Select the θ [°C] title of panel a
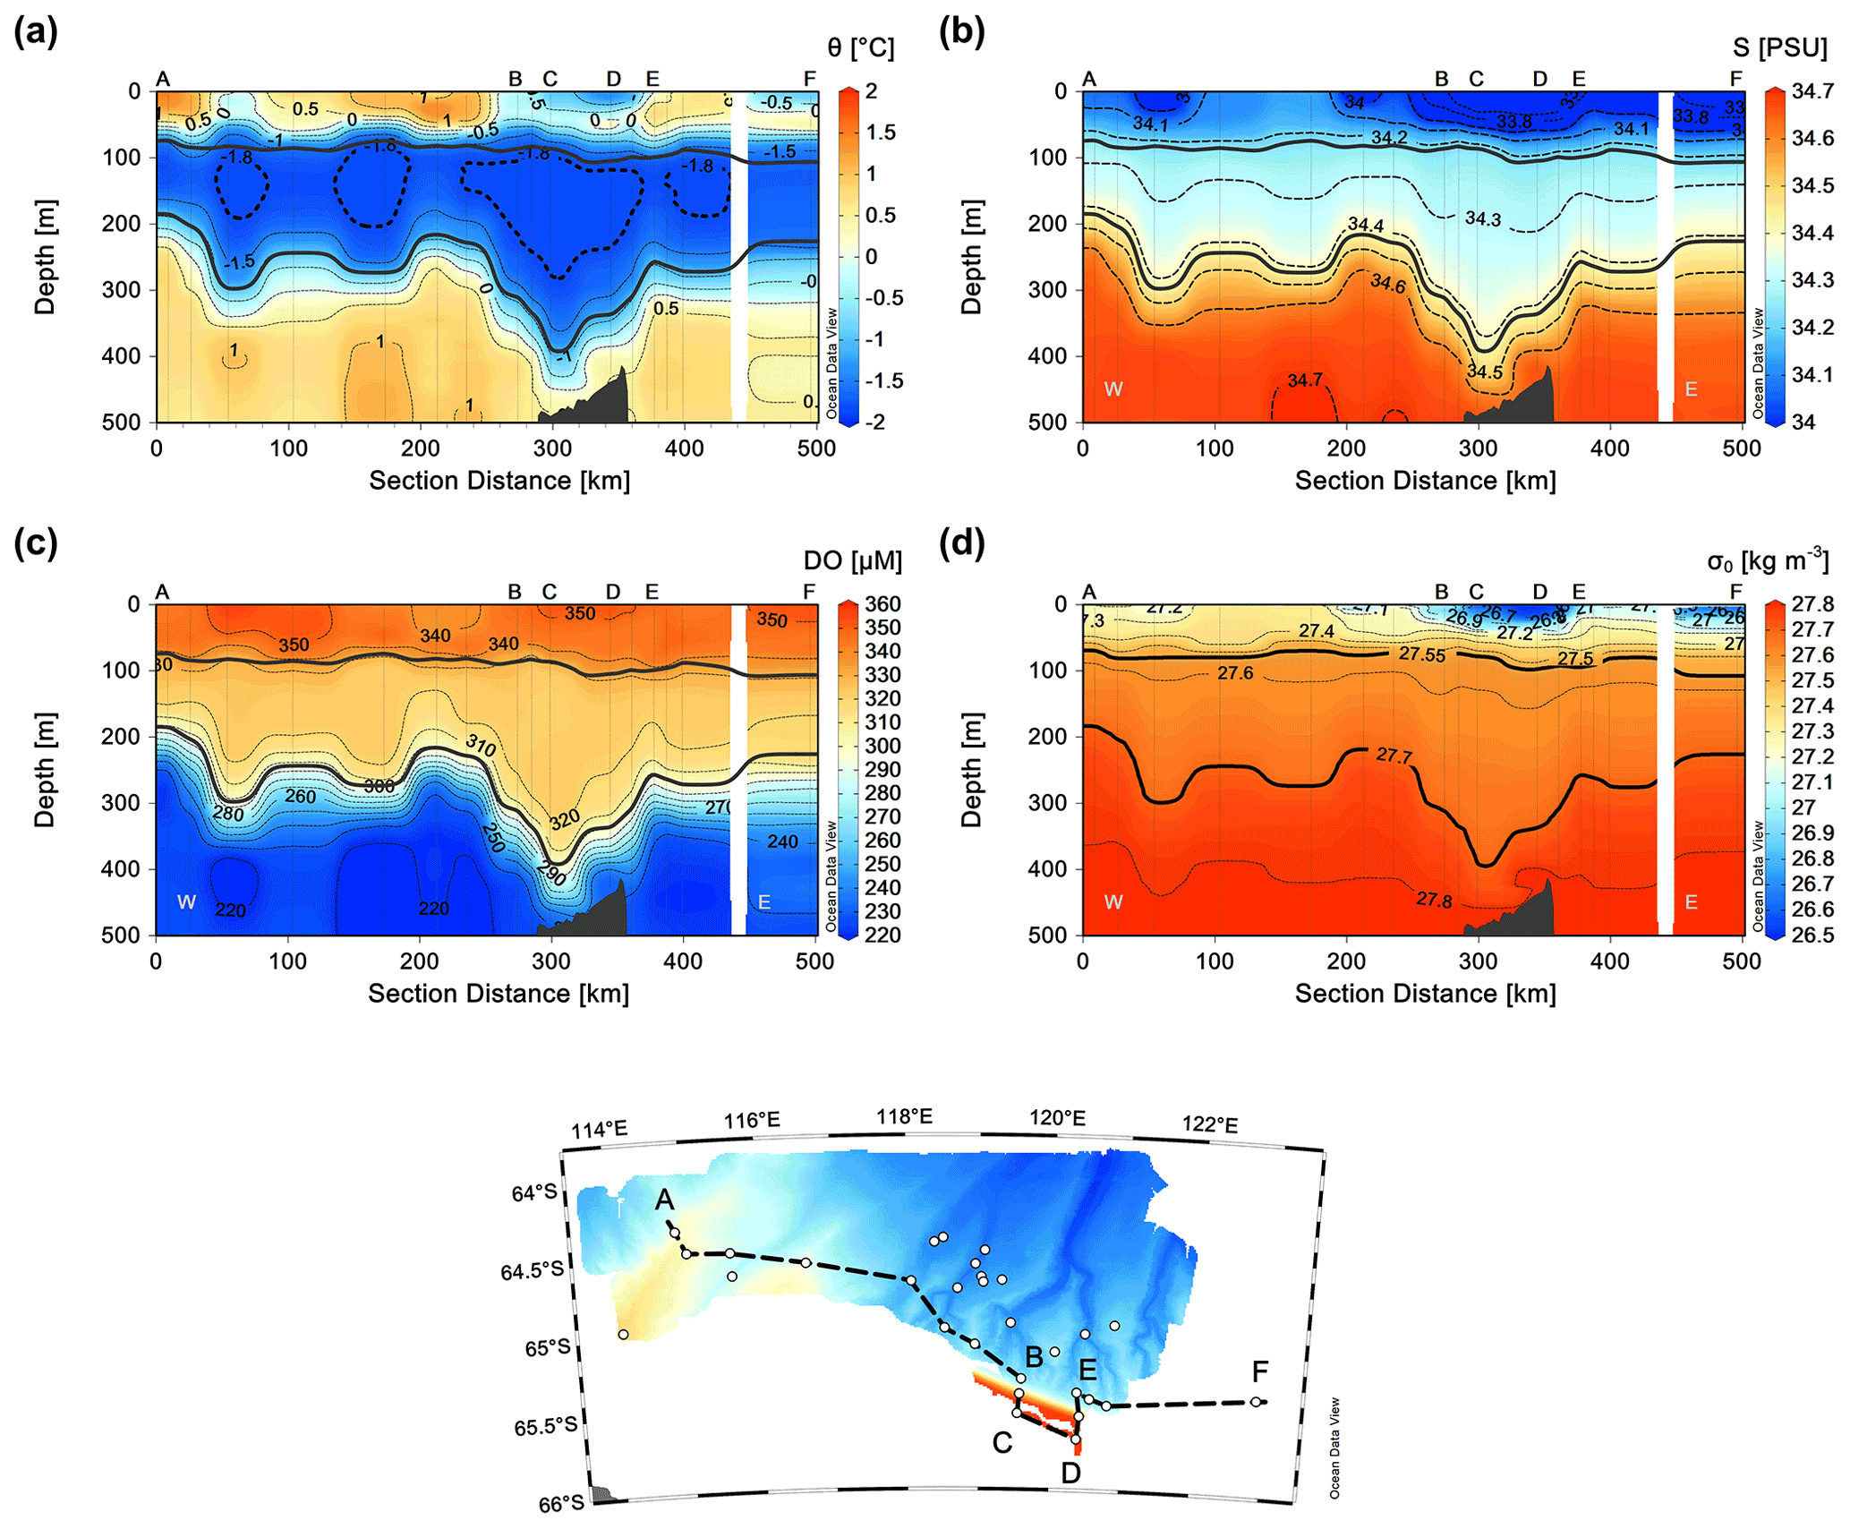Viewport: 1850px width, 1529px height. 860,47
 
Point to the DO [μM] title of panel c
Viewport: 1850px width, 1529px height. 852,560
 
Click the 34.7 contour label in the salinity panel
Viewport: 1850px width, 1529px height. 1305,380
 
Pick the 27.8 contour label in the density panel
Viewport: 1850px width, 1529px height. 1434,900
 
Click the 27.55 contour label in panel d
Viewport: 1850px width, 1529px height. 1422,654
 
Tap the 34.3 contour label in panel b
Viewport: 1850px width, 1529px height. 1483,218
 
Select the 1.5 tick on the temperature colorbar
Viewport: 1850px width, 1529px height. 881,132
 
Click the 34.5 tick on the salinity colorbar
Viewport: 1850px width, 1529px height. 1812,185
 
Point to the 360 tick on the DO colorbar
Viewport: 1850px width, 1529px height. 882,604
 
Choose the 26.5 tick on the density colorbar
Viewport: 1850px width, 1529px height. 1812,935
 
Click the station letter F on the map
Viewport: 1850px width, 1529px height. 1260,1371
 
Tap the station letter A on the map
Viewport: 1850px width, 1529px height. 664,1200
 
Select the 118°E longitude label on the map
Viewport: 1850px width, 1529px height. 904,1116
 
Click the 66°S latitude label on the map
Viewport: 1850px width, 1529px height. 561,1504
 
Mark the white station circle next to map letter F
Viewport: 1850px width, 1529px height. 1256,1402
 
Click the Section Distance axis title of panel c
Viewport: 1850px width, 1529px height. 499,994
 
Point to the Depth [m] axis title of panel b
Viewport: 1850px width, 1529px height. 971,257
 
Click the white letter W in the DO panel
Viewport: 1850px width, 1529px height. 186,901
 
